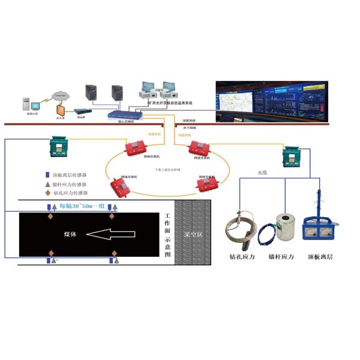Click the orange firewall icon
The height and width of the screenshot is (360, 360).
[60, 110]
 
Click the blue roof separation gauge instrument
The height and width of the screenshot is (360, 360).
[318, 229]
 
